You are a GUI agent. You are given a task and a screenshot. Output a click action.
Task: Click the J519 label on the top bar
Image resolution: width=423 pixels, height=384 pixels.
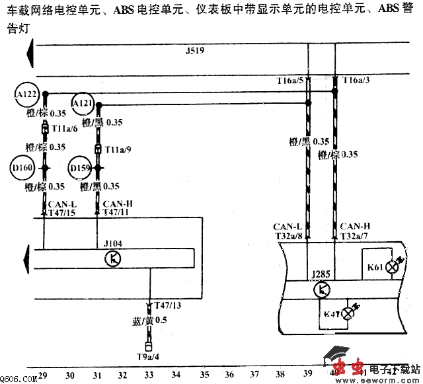coord(196,51)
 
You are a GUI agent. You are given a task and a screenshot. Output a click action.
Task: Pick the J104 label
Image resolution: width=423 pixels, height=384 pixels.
coord(113,243)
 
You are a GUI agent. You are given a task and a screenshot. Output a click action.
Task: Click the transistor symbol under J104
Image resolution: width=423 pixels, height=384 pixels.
coord(114,258)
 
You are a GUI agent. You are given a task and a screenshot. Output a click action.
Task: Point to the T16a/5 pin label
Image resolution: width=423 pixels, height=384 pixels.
coord(289,81)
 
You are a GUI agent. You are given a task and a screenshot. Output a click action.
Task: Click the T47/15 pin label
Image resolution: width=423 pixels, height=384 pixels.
coord(61,212)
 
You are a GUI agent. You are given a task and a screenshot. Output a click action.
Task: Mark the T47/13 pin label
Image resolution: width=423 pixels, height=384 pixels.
coord(168,305)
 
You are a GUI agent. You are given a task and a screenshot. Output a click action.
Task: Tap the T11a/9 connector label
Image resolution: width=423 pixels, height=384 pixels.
coord(118,149)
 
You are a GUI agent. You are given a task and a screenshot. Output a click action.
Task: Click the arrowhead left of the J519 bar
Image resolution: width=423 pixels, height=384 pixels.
coord(29,52)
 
